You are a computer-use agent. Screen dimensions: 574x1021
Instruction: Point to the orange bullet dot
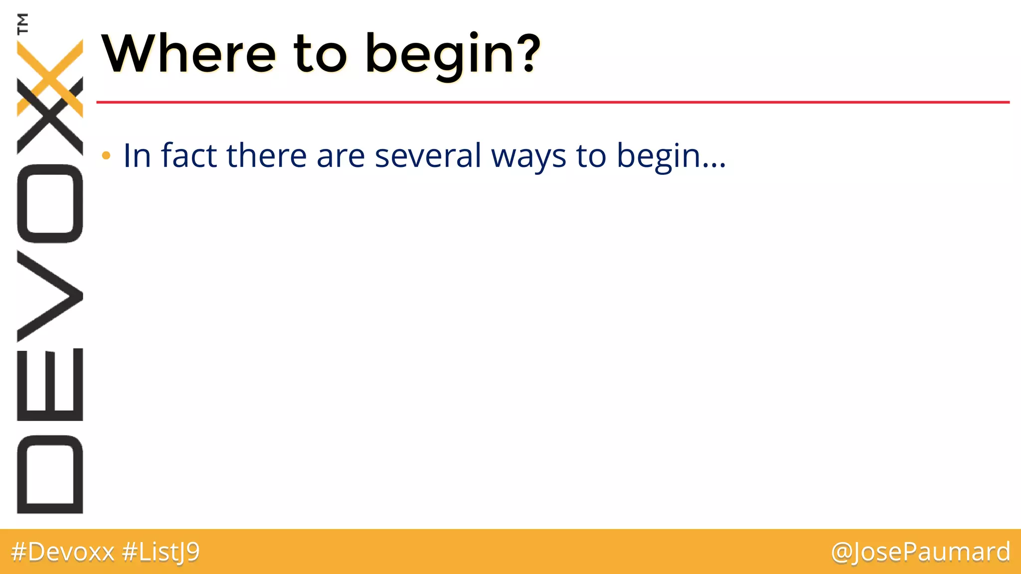[x=106, y=156]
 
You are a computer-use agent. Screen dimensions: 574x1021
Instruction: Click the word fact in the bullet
[x=189, y=155]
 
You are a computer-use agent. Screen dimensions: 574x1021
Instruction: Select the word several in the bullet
[x=428, y=155]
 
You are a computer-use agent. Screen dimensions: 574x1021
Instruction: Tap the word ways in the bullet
[x=528, y=156]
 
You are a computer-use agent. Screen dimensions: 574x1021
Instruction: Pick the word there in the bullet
[x=266, y=155]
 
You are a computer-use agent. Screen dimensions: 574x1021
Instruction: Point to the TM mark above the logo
[x=22, y=23]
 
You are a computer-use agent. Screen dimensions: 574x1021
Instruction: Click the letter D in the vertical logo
[x=50, y=474]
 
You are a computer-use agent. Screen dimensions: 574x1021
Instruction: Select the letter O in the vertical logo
[x=50, y=203]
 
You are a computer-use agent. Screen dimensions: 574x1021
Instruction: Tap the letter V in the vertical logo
[x=50, y=296]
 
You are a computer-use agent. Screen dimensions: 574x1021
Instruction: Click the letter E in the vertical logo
[x=50, y=384]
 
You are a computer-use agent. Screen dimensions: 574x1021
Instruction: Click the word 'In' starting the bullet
[x=137, y=155]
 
